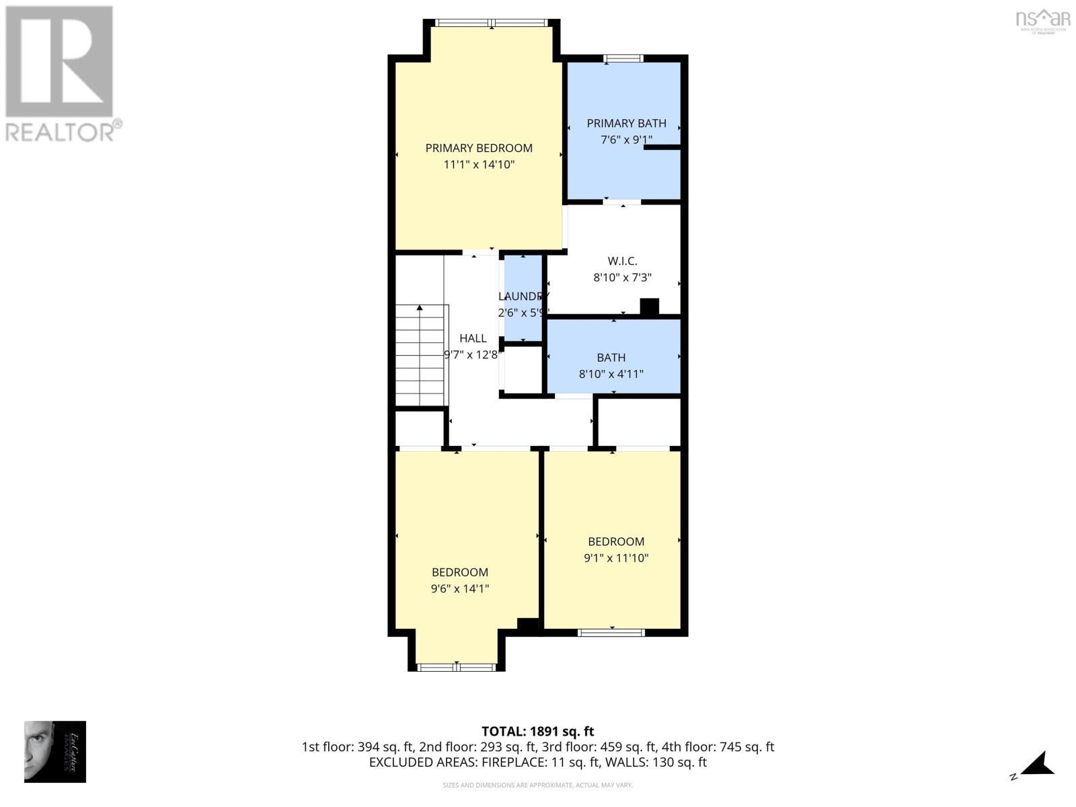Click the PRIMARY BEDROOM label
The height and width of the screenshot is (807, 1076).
click(479, 148)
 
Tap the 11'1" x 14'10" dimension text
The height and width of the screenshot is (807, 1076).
click(479, 165)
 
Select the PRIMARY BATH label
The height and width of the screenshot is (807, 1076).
click(626, 123)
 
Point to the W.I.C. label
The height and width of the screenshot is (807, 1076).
click(622, 261)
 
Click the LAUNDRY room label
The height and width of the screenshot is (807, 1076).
click(523, 297)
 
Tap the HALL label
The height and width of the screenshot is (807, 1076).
click(473, 338)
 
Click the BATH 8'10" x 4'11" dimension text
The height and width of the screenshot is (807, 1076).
click(611, 374)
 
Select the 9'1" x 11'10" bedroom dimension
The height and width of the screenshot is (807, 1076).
click(616, 558)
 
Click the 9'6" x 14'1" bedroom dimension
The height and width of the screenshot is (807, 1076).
click(459, 589)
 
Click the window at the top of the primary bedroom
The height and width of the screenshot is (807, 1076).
click(492, 23)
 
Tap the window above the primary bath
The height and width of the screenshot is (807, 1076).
click(623, 59)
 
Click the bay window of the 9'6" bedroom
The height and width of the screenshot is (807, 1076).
click(457, 667)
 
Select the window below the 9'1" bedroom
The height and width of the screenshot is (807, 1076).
click(611, 632)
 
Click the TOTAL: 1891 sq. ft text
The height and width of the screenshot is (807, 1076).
click(537, 732)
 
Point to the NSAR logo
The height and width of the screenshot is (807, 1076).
click(1042, 20)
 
